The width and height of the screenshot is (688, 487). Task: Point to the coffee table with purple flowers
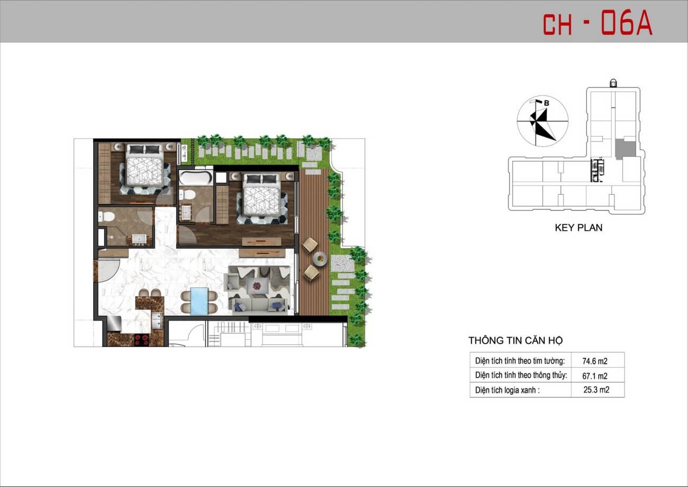(256, 287)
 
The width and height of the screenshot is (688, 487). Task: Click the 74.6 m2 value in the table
(595, 361)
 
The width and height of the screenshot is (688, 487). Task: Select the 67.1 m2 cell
(595, 376)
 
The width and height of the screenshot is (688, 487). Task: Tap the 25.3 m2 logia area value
(596, 390)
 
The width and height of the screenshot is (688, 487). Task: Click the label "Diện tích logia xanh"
(508, 390)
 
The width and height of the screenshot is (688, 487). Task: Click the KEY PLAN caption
(578, 228)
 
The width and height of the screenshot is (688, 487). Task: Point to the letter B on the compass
(546, 103)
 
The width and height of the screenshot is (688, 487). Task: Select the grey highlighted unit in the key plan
(626, 148)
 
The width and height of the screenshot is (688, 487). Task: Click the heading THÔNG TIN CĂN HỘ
(515, 340)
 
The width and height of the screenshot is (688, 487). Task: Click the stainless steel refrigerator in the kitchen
(114, 324)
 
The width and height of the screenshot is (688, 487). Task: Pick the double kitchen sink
(157, 321)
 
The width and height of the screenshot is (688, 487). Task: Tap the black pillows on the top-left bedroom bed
(144, 150)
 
